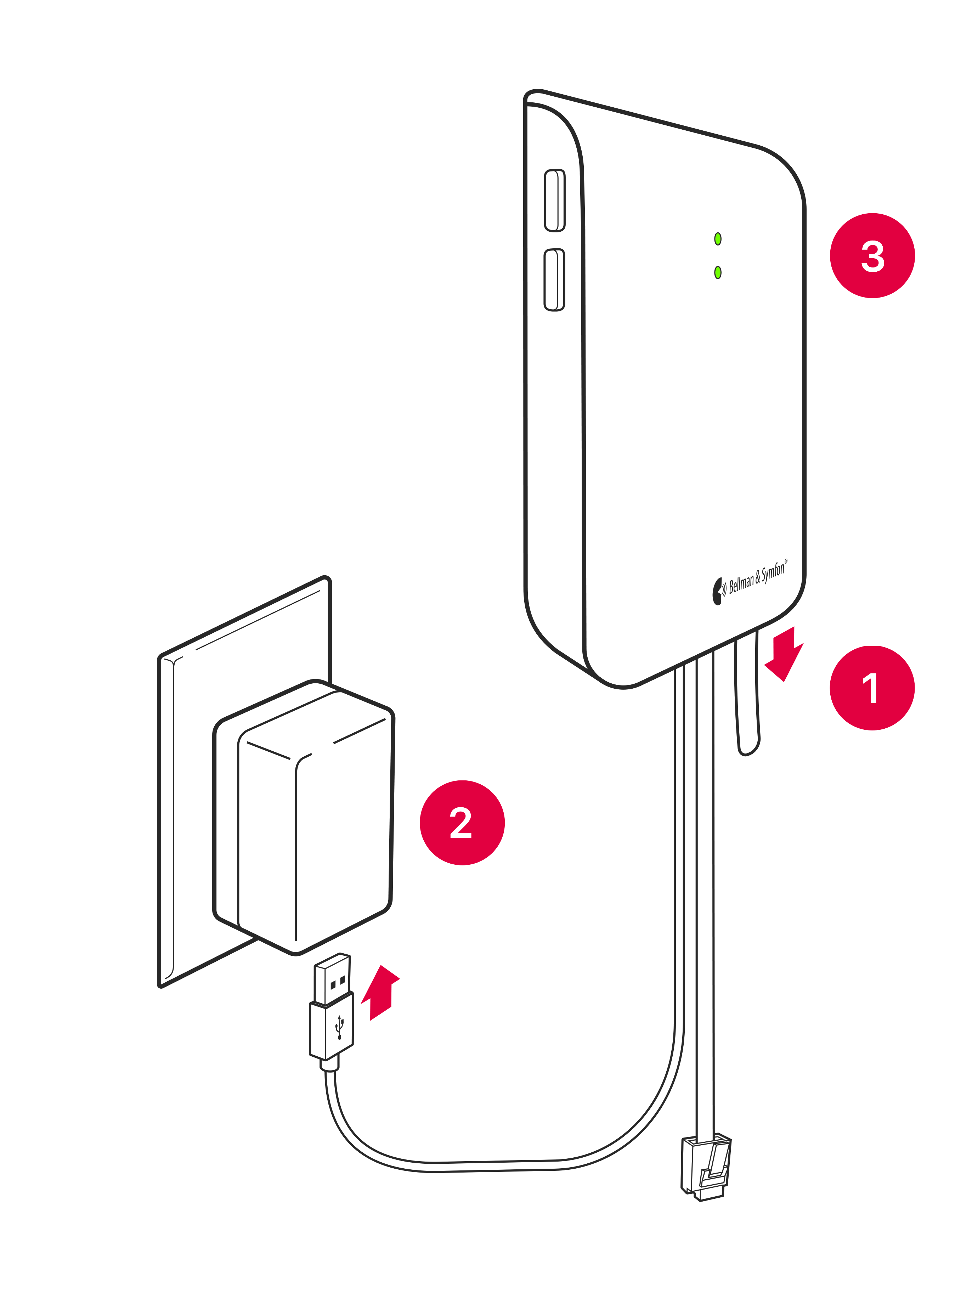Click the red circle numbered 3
click(x=872, y=255)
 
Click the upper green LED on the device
click(x=718, y=239)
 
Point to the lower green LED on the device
click(x=718, y=272)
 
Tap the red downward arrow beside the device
click(x=784, y=653)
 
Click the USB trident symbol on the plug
click(x=339, y=1027)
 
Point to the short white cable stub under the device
click(x=747, y=694)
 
